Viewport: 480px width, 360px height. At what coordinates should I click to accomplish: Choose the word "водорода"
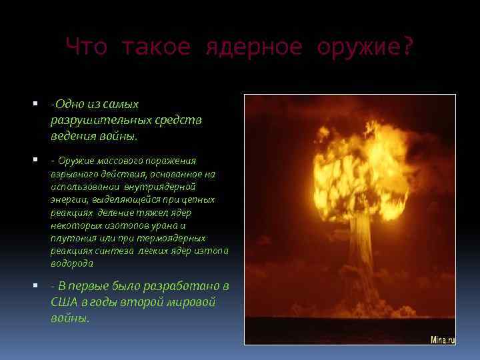point(71,264)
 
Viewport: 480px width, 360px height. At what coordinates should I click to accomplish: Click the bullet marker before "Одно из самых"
point(35,103)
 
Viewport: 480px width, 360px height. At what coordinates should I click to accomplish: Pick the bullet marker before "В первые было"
point(35,285)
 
